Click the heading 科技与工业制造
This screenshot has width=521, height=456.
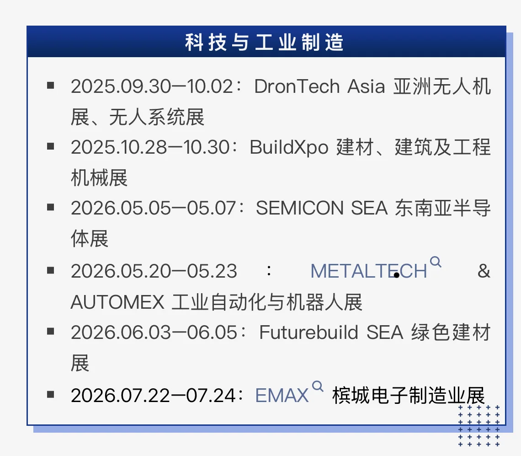(264, 43)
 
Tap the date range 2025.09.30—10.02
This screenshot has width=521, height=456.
(152, 86)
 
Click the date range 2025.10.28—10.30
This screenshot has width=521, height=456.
(149, 147)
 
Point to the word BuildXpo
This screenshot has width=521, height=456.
(289, 147)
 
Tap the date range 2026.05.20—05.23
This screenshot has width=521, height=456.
(154, 271)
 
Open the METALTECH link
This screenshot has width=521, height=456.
(368, 271)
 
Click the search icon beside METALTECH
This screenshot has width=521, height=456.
(436, 262)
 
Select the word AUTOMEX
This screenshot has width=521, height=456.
(117, 302)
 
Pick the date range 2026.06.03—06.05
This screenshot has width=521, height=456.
(154, 333)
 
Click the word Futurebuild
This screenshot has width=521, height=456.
(308, 333)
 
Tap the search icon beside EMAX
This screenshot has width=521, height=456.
(317, 386)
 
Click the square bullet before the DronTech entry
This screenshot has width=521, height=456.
(51, 85)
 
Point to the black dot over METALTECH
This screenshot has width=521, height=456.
(397, 275)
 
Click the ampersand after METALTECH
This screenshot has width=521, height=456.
(483, 271)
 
